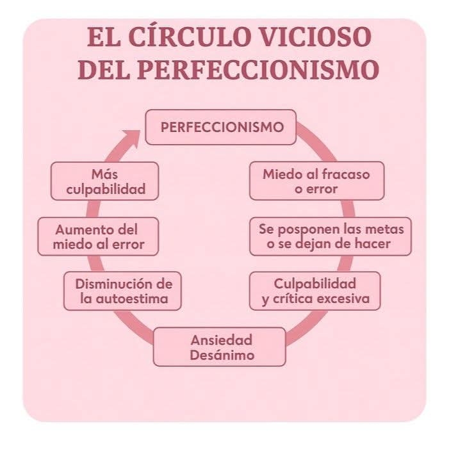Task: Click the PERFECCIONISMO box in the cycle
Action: click(222, 127)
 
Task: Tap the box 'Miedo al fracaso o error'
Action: click(316, 181)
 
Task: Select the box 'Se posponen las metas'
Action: click(329, 236)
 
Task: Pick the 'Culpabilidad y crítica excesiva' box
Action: click(316, 291)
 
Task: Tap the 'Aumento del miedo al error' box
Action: click(98, 236)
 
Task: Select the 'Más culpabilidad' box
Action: click(106, 181)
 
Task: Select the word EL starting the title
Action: click(102, 37)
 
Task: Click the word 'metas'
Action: click(388, 229)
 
